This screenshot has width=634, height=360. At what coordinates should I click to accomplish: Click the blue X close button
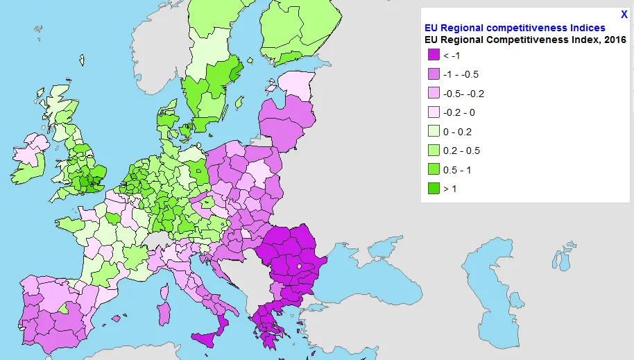[x=624, y=15]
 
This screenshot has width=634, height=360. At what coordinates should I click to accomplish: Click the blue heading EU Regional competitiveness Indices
[x=515, y=28]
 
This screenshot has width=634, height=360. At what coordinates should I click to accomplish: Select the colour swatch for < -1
[x=434, y=55]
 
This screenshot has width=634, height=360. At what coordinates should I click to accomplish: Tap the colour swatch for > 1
[x=434, y=189]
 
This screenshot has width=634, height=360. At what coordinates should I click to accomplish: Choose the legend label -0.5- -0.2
[x=463, y=94]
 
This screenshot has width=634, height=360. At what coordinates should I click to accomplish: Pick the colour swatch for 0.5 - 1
[x=434, y=170]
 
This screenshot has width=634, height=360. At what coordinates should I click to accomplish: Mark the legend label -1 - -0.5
[x=461, y=74]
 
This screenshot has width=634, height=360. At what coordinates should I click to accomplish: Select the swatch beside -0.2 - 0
[x=434, y=112]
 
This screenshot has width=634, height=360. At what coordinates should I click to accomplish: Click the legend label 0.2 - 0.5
[x=461, y=151]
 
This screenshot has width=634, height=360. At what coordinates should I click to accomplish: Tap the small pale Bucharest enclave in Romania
[x=299, y=266]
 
